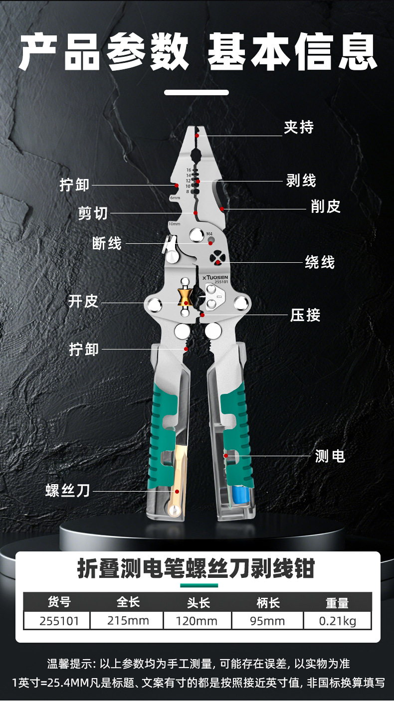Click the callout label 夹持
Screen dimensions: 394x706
click(x=299, y=128)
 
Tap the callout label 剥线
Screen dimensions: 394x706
click(x=301, y=180)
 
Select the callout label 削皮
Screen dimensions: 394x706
click(x=326, y=206)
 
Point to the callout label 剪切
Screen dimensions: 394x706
click(x=93, y=213)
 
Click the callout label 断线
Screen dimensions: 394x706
click(x=107, y=243)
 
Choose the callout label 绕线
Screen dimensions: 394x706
click(x=320, y=262)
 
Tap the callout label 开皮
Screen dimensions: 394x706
click(x=83, y=302)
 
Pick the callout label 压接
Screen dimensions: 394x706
click(x=305, y=315)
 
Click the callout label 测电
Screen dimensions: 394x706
click(x=330, y=456)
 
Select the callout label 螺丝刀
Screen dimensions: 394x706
click(x=68, y=491)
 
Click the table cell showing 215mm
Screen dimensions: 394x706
click(x=128, y=621)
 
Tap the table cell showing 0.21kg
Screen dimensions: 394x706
click(x=337, y=621)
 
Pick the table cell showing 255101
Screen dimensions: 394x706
click(x=57, y=621)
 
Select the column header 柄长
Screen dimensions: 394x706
click(x=268, y=603)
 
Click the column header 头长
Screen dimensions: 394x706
click(x=198, y=603)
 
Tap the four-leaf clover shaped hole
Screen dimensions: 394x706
click(x=217, y=258)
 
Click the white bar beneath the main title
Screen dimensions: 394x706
click(x=197, y=92)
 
